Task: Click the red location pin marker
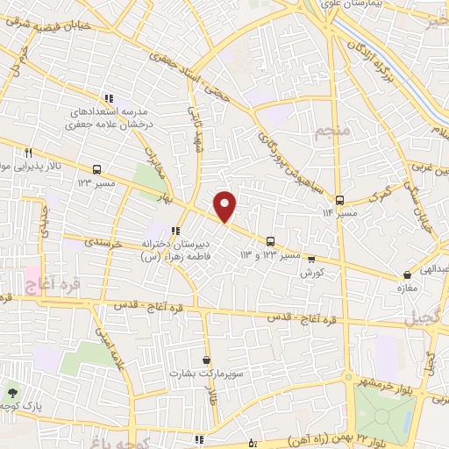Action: pos(225,206)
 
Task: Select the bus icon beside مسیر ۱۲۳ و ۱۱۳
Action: pos(271,240)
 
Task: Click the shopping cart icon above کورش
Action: pos(311,260)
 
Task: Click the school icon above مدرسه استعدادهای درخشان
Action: pos(107,98)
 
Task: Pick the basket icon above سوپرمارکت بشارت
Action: pos(206,360)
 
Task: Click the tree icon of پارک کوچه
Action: pos(12,393)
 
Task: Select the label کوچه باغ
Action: pos(132,439)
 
